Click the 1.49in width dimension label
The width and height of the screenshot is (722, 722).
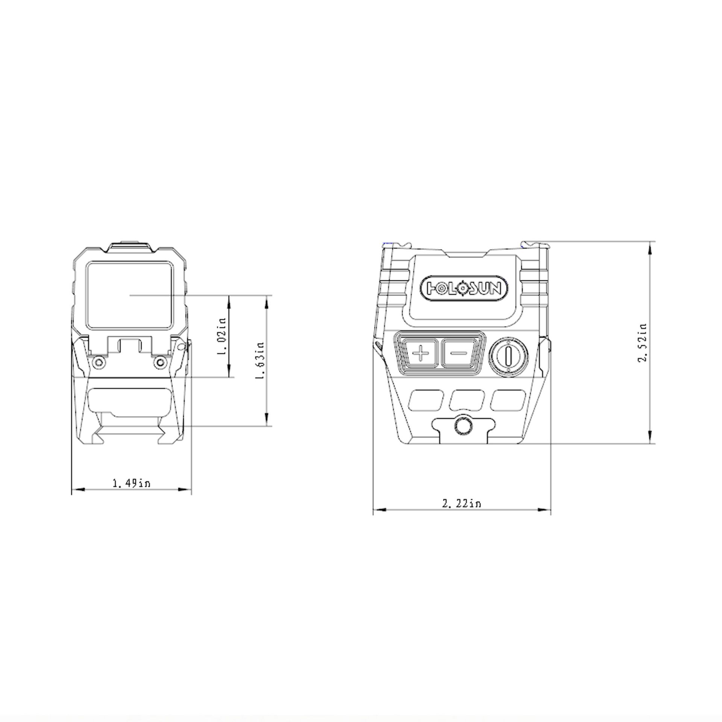[131, 483]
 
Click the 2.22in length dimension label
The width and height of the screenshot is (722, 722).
[461, 504]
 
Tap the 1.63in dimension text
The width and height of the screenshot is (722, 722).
[259, 360]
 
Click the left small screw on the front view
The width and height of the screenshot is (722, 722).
[99, 362]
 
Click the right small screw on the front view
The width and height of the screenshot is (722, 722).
[161, 362]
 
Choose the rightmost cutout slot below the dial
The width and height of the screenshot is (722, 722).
[508, 400]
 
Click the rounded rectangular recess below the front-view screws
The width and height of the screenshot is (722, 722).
[130, 400]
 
